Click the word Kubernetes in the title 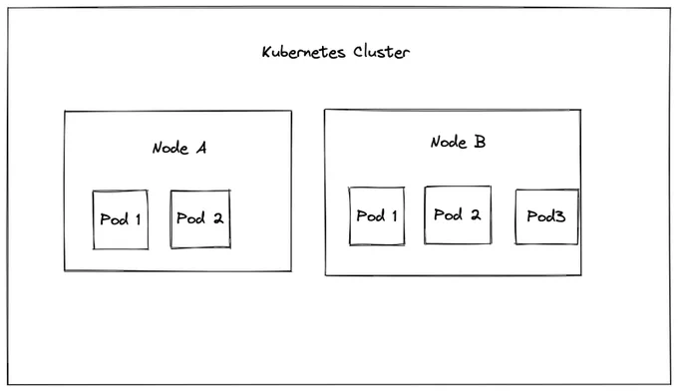pos(303,52)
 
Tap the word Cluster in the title pos(381,52)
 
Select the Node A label pos(179,148)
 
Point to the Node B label pos(458,142)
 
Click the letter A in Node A pos(201,148)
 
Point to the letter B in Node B pos(480,142)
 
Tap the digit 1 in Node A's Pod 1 pos(138,219)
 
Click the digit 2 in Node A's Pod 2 pos(218,218)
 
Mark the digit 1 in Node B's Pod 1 pos(395,215)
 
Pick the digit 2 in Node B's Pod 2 pos(476,214)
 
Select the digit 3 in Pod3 pos(559,216)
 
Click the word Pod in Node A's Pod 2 pos(190,218)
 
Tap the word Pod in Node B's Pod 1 pos(371,215)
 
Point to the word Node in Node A pos(170,148)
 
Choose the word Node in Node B pos(449,142)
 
